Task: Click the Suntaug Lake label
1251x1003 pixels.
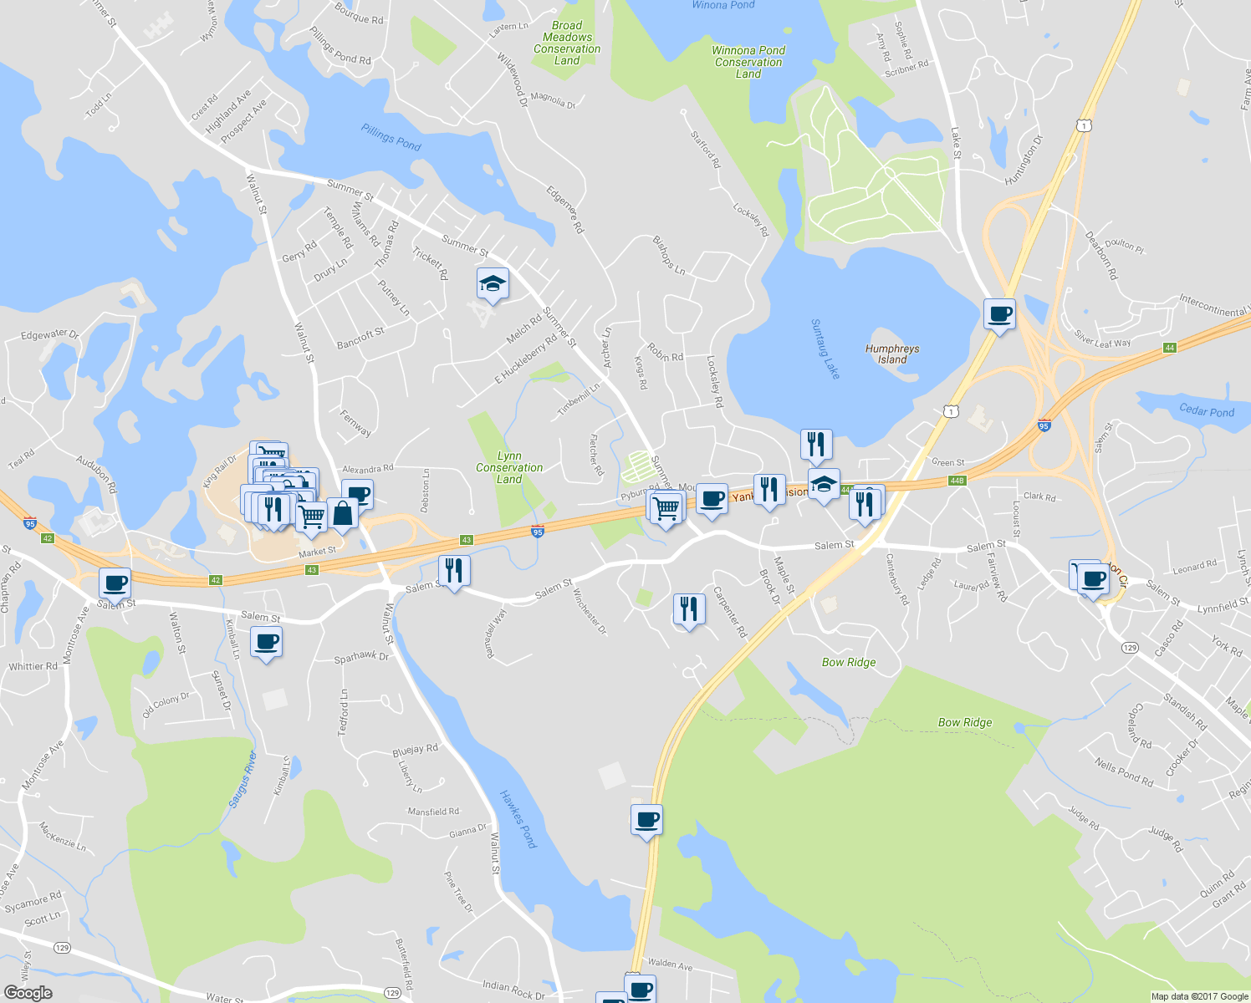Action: pos(825,349)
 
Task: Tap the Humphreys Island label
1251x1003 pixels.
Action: pos(892,354)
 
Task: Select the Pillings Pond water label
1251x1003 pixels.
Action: pos(391,138)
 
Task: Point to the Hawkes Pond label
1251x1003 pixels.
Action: pos(518,819)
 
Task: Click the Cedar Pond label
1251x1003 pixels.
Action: pos(1206,410)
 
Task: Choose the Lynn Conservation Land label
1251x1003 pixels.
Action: pos(509,467)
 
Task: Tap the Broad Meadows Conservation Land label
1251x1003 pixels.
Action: pos(567,43)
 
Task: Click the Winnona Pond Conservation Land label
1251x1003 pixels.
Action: pos(748,62)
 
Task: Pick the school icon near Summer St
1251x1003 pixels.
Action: pos(493,284)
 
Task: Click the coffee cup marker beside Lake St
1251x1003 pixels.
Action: pos(999,315)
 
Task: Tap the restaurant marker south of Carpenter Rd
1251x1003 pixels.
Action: pos(688,609)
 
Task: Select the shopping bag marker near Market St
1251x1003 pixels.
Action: pos(342,513)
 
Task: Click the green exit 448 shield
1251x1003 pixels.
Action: pos(957,480)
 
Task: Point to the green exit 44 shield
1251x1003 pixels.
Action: pos(1169,348)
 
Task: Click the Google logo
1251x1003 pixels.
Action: pos(28,992)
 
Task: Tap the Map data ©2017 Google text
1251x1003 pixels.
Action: pos(1199,996)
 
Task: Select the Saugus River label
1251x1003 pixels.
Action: pos(243,779)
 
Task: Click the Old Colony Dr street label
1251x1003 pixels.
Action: pos(166,705)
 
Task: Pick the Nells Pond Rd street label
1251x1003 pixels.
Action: pos(1124,772)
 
